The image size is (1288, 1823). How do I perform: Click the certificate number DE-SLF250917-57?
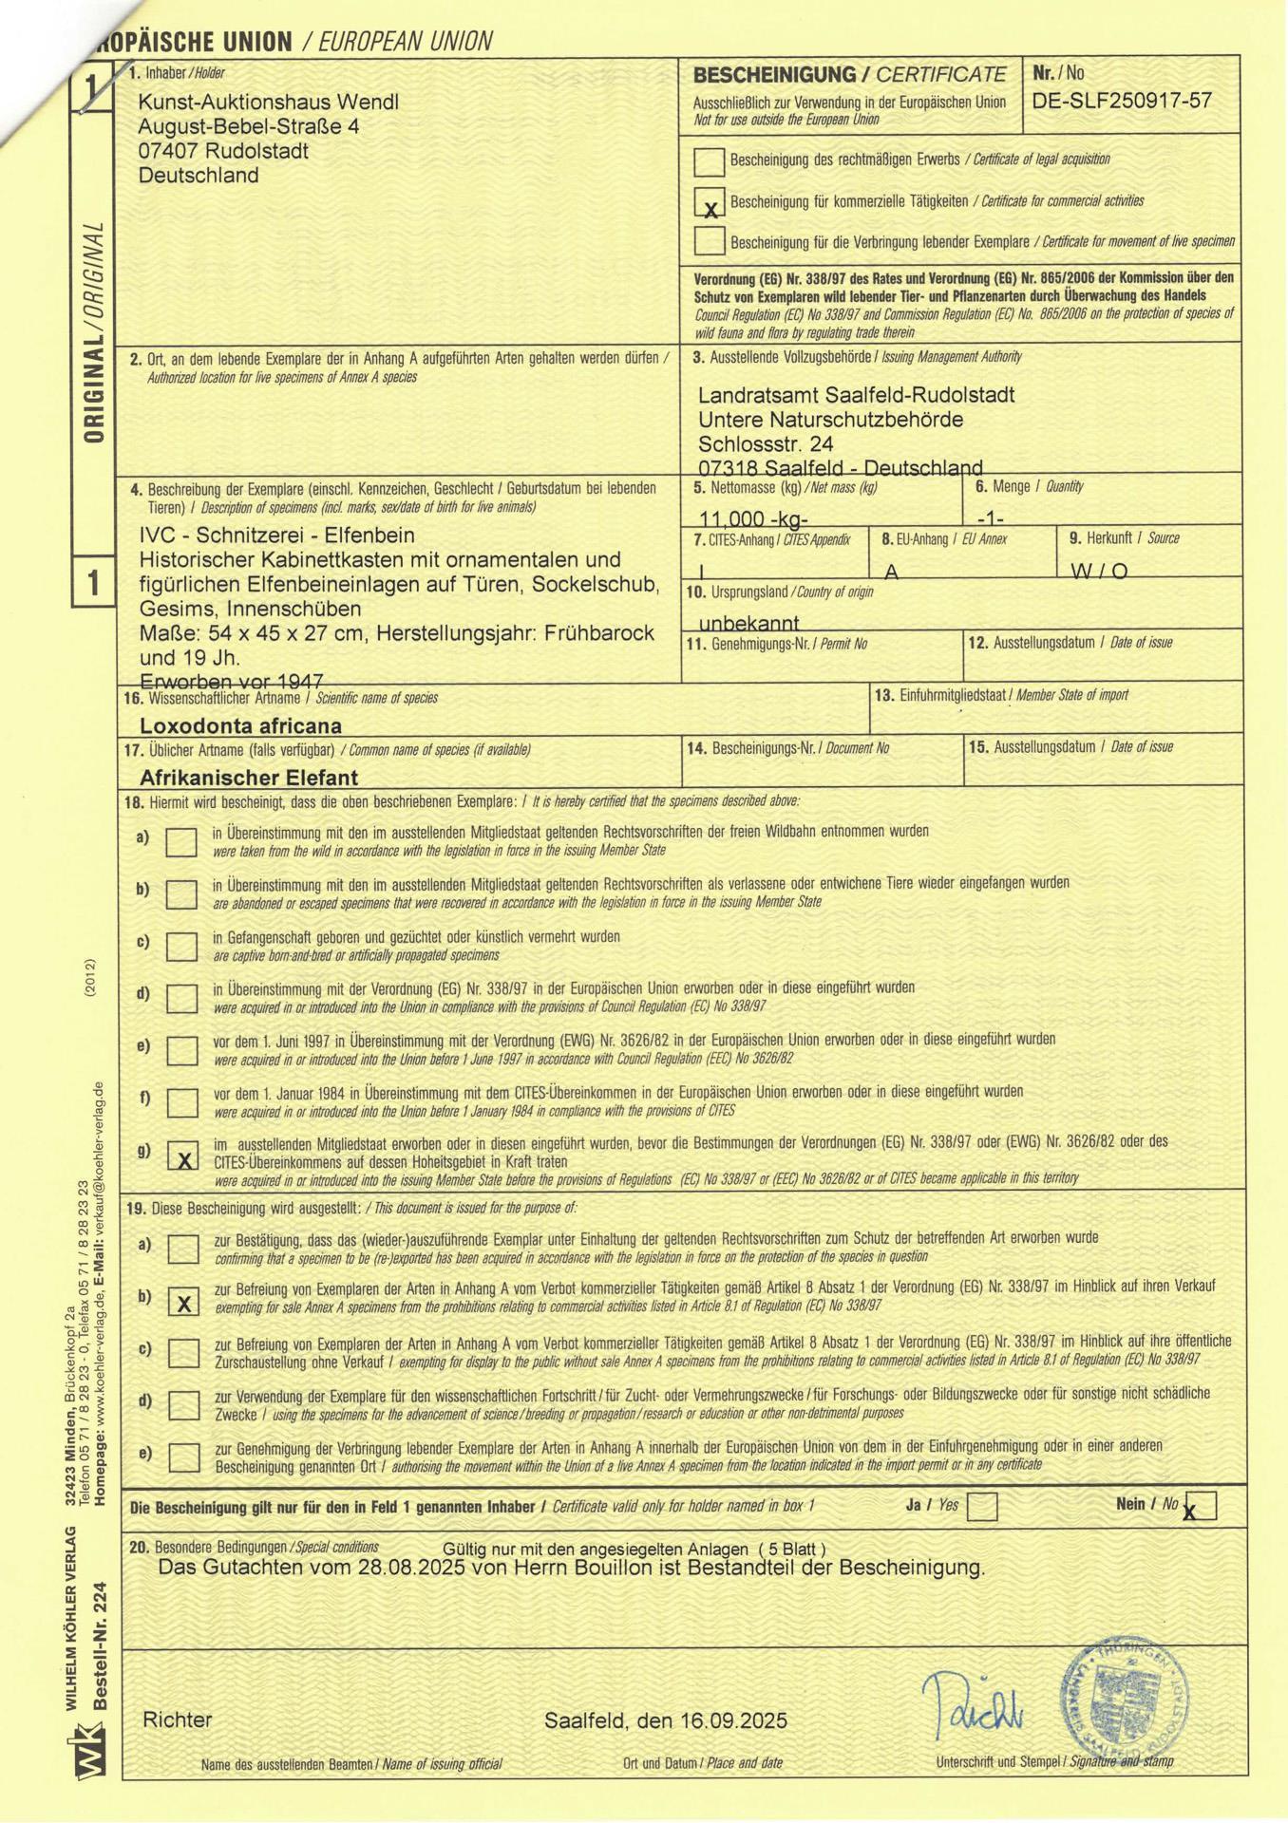pos(1122,101)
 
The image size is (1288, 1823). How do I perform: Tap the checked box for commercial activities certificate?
pos(709,201)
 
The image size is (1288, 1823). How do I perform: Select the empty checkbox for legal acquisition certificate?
pos(709,161)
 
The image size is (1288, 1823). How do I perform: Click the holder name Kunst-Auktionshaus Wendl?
pos(268,102)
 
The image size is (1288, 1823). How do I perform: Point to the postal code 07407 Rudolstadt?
pos(223,151)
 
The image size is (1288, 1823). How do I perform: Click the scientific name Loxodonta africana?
pos(240,726)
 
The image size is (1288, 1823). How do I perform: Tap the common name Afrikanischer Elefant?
pos(248,778)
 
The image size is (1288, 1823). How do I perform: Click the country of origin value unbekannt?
pos(748,623)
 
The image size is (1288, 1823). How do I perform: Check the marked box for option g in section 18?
pos(182,1156)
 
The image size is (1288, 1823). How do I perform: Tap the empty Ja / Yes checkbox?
pos(981,1506)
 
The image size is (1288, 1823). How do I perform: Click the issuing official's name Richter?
pos(178,1720)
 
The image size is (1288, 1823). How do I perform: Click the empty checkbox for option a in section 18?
pos(181,841)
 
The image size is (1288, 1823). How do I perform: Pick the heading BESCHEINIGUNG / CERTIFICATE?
pos(849,74)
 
